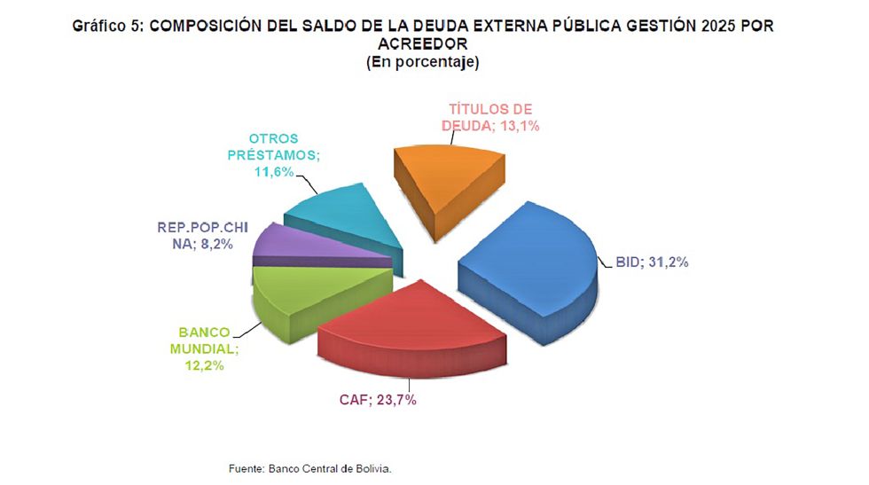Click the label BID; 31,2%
pyautogui.click(x=652, y=262)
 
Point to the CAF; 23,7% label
pyautogui.click(x=378, y=399)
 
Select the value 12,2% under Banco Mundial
pyautogui.click(x=205, y=364)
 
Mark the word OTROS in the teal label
pyautogui.click(x=273, y=139)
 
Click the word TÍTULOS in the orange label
pyautogui.click(x=474, y=110)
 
